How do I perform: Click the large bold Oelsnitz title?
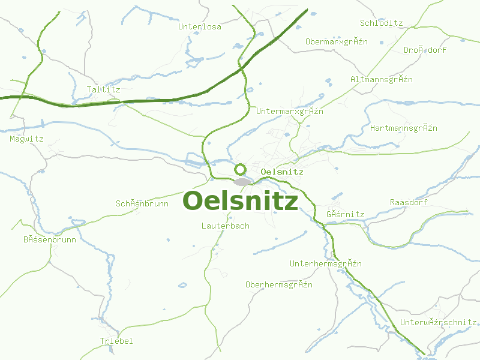click(x=240, y=202)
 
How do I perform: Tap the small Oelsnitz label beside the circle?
click(x=283, y=172)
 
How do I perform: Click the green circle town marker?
click(x=241, y=169)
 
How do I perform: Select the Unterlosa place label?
click(x=200, y=27)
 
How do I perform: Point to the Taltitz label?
click(x=103, y=90)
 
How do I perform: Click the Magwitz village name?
click(x=26, y=139)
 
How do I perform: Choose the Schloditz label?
click(x=381, y=23)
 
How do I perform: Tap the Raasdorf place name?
click(x=409, y=202)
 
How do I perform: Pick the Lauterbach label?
click(x=225, y=226)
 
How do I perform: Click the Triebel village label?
click(x=116, y=341)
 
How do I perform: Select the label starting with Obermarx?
click(x=336, y=42)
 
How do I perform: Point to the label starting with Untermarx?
click(x=289, y=112)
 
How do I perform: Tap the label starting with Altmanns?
click(x=381, y=80)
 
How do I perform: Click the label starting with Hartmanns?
click(x=403, y=128)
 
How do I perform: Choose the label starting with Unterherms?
click(x=325, y=264)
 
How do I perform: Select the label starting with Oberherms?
click(x=278, y=284)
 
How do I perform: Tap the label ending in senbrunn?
click(x=50, y=240)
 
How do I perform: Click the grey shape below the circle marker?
click(x=242, y=182)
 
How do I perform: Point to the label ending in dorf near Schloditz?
click(x=425, y=50)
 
